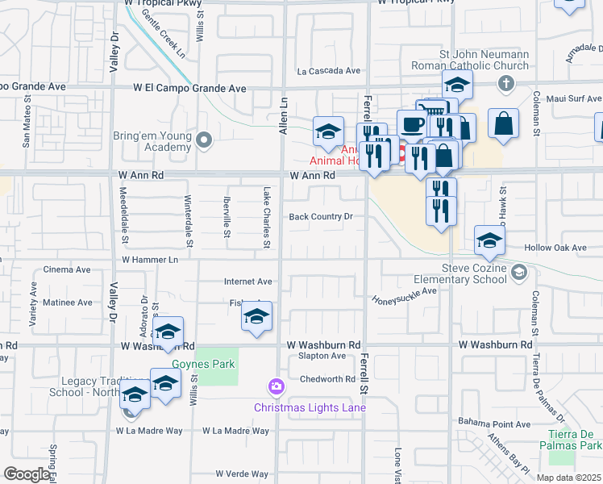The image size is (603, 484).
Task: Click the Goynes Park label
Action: pyautogui.click(x=208, y=364)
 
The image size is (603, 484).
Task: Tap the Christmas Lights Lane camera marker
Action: pyautogui.click(x=277, y=387)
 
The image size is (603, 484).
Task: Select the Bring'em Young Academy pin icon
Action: pyautogui.click(x=204, y=141)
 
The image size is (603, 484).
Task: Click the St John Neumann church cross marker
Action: pyautogui.click(x=506, y=83)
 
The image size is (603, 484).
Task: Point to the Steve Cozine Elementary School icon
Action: pyautogui.click(x=520, y=274)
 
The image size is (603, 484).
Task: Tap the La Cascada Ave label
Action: pyautogui.click(x=328, y=70)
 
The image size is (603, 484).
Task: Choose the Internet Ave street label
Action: pyautogui.click(x=248, y=282)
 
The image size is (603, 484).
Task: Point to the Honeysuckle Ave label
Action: pyautogui.click(x=404, y=296)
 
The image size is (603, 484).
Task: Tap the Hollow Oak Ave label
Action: pyautogui.click(x=555, y=248)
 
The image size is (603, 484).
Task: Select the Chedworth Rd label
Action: pyautogui.click(x=327, y=379)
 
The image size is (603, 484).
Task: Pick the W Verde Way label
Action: pyautogui.click(x=241, y=474)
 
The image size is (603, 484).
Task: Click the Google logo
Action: pyautogui.click(x=26, y=474)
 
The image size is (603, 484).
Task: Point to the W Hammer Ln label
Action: pyautogui.click(x=150, y=260)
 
